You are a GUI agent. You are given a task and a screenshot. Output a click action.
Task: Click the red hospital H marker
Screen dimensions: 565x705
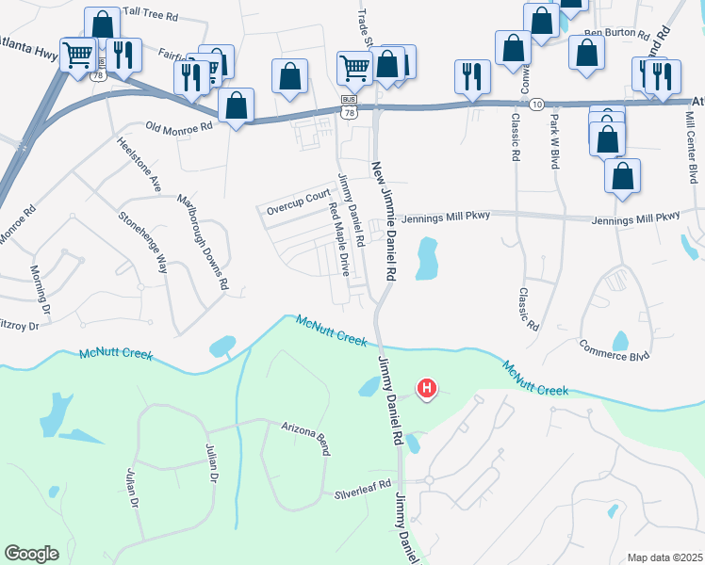(427, 388)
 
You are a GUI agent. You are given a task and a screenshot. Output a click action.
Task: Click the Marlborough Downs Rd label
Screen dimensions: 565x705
(205, 242)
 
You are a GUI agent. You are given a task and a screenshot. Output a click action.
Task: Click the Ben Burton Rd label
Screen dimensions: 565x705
(616, 34)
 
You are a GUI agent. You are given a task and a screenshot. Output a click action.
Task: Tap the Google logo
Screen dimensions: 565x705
(31, 554)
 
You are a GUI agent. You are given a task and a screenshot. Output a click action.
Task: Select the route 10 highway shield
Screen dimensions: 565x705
(535, 103)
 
